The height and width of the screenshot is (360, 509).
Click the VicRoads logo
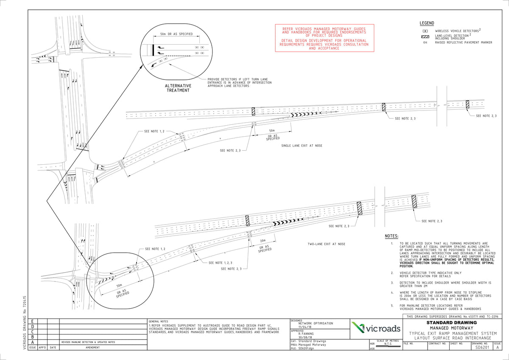point(376,328)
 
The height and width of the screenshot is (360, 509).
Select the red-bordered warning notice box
point(324,38)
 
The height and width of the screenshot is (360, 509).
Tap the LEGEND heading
point(427,23)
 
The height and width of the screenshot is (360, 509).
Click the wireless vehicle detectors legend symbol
point(425,31)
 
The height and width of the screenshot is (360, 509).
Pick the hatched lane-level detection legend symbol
point(425,37)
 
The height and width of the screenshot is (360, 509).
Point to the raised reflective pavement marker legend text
point(464,42)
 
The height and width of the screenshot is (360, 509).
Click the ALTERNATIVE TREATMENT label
point(178,88)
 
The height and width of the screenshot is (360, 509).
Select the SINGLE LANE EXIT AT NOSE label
point(302,146)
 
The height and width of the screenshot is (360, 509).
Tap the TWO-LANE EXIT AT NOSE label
point(327,244)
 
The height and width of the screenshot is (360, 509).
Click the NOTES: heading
point(392,236)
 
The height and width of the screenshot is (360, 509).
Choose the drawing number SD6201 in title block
point(481,347)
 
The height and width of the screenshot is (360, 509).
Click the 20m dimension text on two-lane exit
point(263,241)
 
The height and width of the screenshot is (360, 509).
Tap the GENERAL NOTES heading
point(159,321)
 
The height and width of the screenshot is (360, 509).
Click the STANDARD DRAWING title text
point(452,322)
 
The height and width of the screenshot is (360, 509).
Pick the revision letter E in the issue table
point(33,322)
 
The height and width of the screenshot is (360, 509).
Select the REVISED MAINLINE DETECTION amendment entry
point(88,342)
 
